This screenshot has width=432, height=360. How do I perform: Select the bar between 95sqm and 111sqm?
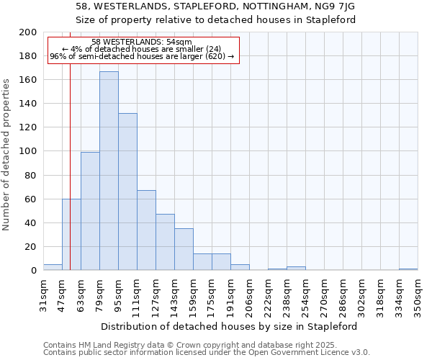[x=127, y=192]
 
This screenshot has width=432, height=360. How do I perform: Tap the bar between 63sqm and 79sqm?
[x=90, y=211]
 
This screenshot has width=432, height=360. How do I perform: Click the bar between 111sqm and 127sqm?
[x=146, y=230]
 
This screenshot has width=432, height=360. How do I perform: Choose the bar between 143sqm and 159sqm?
[x=184, y=249]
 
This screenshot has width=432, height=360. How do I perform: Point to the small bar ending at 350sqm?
[x=408, y=269]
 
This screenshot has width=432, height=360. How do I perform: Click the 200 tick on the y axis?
[x=28, y=32]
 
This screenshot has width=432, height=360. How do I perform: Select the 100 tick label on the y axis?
[x=28, y=151]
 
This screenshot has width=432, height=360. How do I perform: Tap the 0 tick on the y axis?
[x=33, y=271]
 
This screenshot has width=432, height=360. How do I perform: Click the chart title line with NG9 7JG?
[x=216, y=6]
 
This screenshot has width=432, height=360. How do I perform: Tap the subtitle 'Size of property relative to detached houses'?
[x=216, y=19]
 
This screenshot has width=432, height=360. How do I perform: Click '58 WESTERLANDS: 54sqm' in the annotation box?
[x=142, y=42]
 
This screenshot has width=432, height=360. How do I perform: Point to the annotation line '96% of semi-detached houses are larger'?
[x=142, y=56]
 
